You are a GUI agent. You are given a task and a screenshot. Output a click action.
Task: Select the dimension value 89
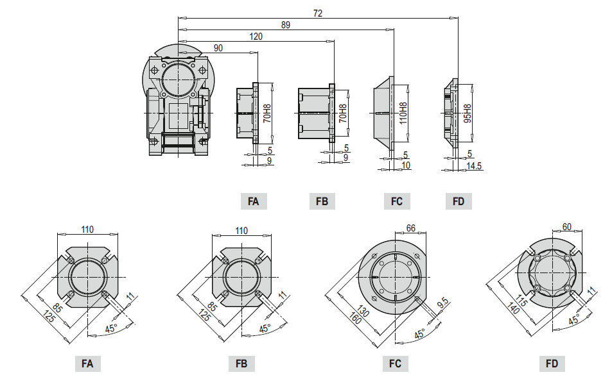click(286, 25)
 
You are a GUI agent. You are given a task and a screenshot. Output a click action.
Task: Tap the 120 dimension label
click(256, 37)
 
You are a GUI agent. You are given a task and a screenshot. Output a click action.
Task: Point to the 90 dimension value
click(218, 49)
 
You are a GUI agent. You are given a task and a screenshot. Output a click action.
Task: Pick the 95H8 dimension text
click(468, 113)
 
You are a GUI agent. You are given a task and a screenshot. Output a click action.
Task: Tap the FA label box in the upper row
click(253, 201)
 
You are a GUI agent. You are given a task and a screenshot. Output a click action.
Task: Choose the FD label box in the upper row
click(459, 201)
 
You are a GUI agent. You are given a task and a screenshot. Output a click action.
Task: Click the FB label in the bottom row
click(241, 364)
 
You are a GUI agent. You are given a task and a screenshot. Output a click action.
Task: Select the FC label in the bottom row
click(395, 364)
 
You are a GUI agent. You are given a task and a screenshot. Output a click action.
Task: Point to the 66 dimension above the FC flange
click(412, 228)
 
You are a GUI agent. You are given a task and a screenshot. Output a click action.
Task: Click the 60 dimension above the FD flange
click(566, 227)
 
